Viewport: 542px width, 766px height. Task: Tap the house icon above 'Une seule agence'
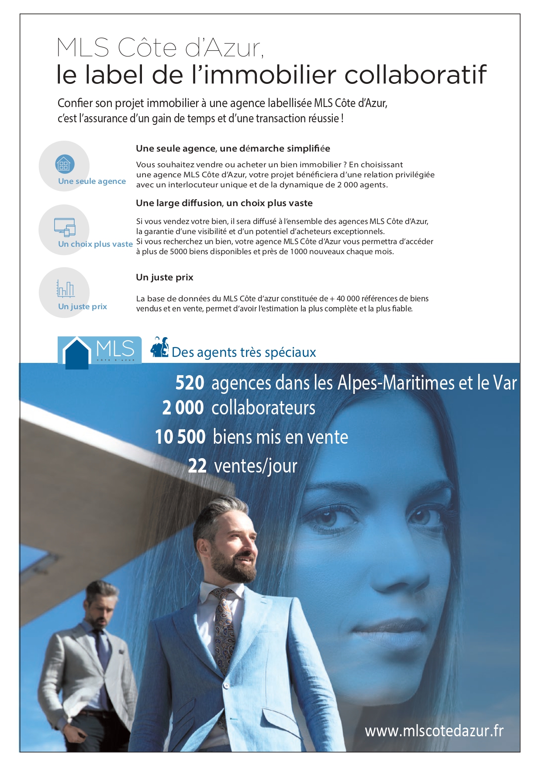click(x=65, y=165)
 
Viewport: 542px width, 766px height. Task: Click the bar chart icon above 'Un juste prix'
click(x=65, y=289)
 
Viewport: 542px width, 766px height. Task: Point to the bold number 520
click(x=190, y=383)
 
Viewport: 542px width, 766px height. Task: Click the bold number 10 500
click(x=180, y=437)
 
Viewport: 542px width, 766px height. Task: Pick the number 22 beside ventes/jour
click(x=197, y=466)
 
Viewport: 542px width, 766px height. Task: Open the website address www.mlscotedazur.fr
click(x=434, y=731)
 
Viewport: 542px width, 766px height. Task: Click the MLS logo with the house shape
click(x=100, y=351)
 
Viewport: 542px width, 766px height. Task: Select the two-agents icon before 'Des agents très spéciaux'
click(x=159, y=348)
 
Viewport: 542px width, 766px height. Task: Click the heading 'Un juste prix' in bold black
click(x=164, y=277)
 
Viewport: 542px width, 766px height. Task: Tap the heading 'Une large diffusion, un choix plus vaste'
click(x=224, y=203)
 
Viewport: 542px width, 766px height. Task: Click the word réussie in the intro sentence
click(x=323, y=118)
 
